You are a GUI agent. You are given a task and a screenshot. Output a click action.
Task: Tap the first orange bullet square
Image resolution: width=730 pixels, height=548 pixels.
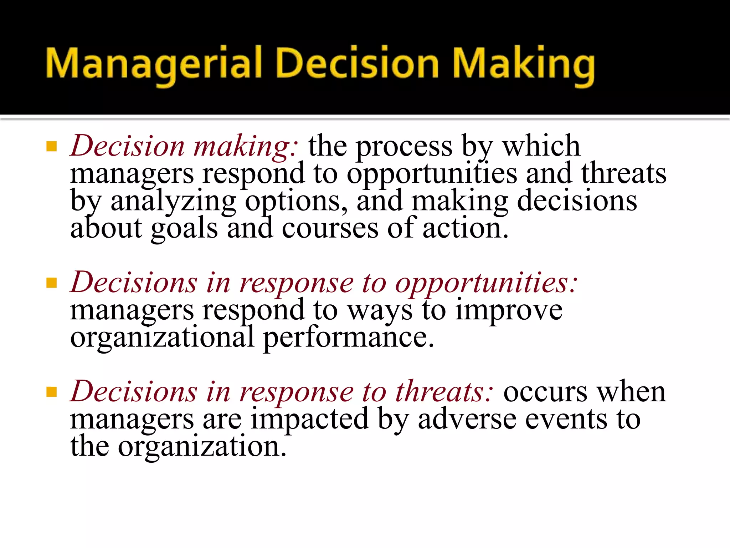pyautogui.click(x=52, y=146)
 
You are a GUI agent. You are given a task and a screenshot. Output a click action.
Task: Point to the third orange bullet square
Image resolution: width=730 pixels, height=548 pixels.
pyautogui.click(x=52, y=392)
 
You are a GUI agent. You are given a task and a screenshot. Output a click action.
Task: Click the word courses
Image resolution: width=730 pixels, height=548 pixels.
pyautogui.click(x=330, y=228)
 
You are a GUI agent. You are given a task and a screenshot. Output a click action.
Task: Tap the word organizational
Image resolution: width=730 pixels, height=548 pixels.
pyautogui.click(x=162, y=338)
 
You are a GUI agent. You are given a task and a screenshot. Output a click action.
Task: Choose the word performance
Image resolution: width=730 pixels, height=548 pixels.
pyautogui.click(x=348, y=338)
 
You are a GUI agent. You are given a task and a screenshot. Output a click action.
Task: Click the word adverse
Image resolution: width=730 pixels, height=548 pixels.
pyautogui.click(x=467, y=419)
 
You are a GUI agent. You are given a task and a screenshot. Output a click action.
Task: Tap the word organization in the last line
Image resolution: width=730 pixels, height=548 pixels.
pyautogui.click(x=202, y=447)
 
